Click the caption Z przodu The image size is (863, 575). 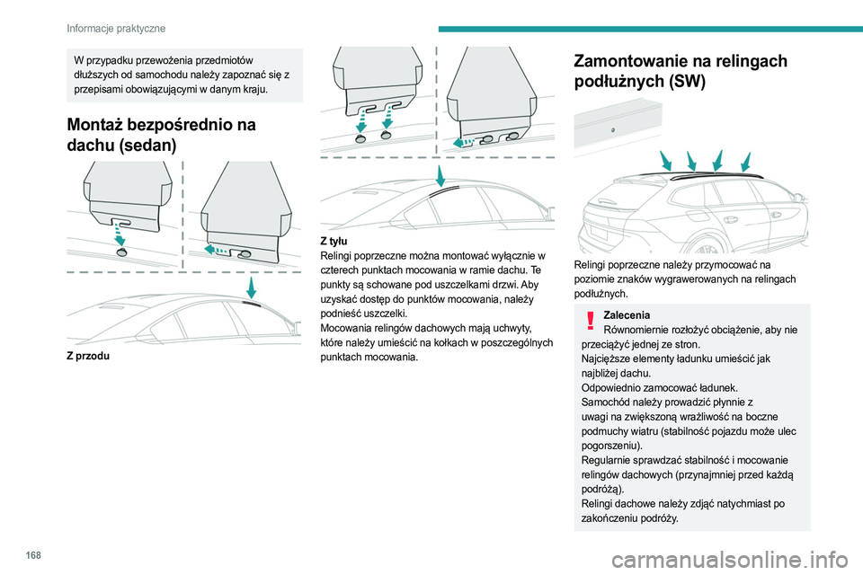[x=88, y=356]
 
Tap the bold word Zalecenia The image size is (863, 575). [x=627, y=314]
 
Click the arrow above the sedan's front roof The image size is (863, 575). [x=252, y=287]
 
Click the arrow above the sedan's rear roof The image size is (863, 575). [x=440, y=175]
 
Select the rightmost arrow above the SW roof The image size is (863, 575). [x=744, y=161]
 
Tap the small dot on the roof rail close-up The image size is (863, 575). [x=613, y=129]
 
